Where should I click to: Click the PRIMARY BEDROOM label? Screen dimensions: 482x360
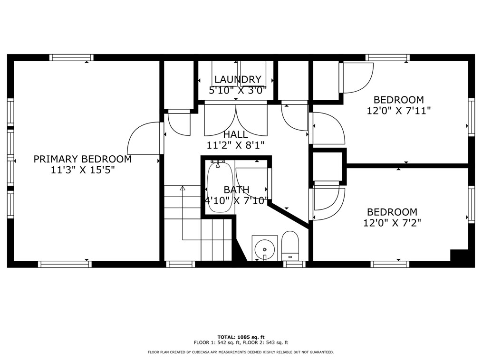(82, 159)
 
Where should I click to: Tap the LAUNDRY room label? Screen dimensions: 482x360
(238, 80)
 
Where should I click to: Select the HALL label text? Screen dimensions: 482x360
(235, 134)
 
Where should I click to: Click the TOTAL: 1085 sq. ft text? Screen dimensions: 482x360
(241, 337)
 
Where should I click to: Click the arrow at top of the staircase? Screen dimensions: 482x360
(183, 188)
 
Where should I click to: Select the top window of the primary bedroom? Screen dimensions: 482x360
(71, 57)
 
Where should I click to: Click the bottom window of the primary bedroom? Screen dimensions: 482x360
(65, 264)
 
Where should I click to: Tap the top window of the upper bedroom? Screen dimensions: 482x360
(387, 57)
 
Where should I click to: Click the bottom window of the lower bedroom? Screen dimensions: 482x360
(389, 264)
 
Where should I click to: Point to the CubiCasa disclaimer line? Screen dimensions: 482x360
(241, 352)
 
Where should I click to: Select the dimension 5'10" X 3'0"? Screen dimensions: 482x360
(237, 91)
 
